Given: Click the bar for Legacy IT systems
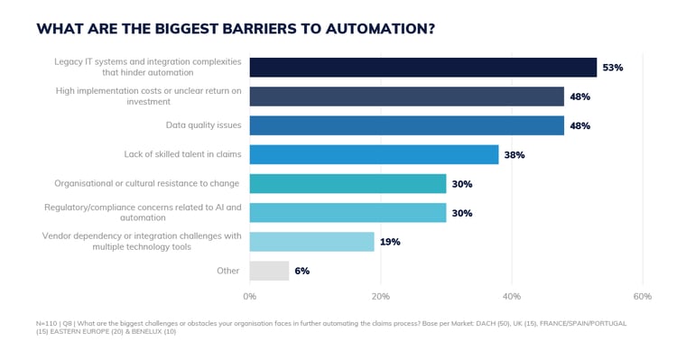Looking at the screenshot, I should tap(422, 68).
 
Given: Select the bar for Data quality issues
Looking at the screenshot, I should tap(406, 125).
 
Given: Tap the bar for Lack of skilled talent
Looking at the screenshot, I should tap(374, 154).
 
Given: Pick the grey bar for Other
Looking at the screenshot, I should tap(269, 271).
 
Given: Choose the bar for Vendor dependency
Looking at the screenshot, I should tap(311, 242).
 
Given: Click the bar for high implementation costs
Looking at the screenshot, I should tap(406, 97).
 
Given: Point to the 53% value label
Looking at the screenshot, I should tap(612, 68).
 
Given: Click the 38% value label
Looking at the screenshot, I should tap(514, 155).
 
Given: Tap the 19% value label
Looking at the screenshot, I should tap(389, 242).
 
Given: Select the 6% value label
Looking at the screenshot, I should tap(301, 271).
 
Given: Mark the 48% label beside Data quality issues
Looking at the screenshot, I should tap(579, 125).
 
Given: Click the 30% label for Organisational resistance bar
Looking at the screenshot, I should tap(461, 184).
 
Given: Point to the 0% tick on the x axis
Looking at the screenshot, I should tap(250, 296).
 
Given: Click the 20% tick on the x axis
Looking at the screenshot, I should tap(380, 296).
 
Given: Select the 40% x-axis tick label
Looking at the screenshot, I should tap(512, 296).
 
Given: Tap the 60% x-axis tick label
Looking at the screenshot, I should tap(642, 296).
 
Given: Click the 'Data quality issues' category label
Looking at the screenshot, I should tap(202, 125).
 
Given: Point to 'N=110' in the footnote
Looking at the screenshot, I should tap(47, 322).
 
